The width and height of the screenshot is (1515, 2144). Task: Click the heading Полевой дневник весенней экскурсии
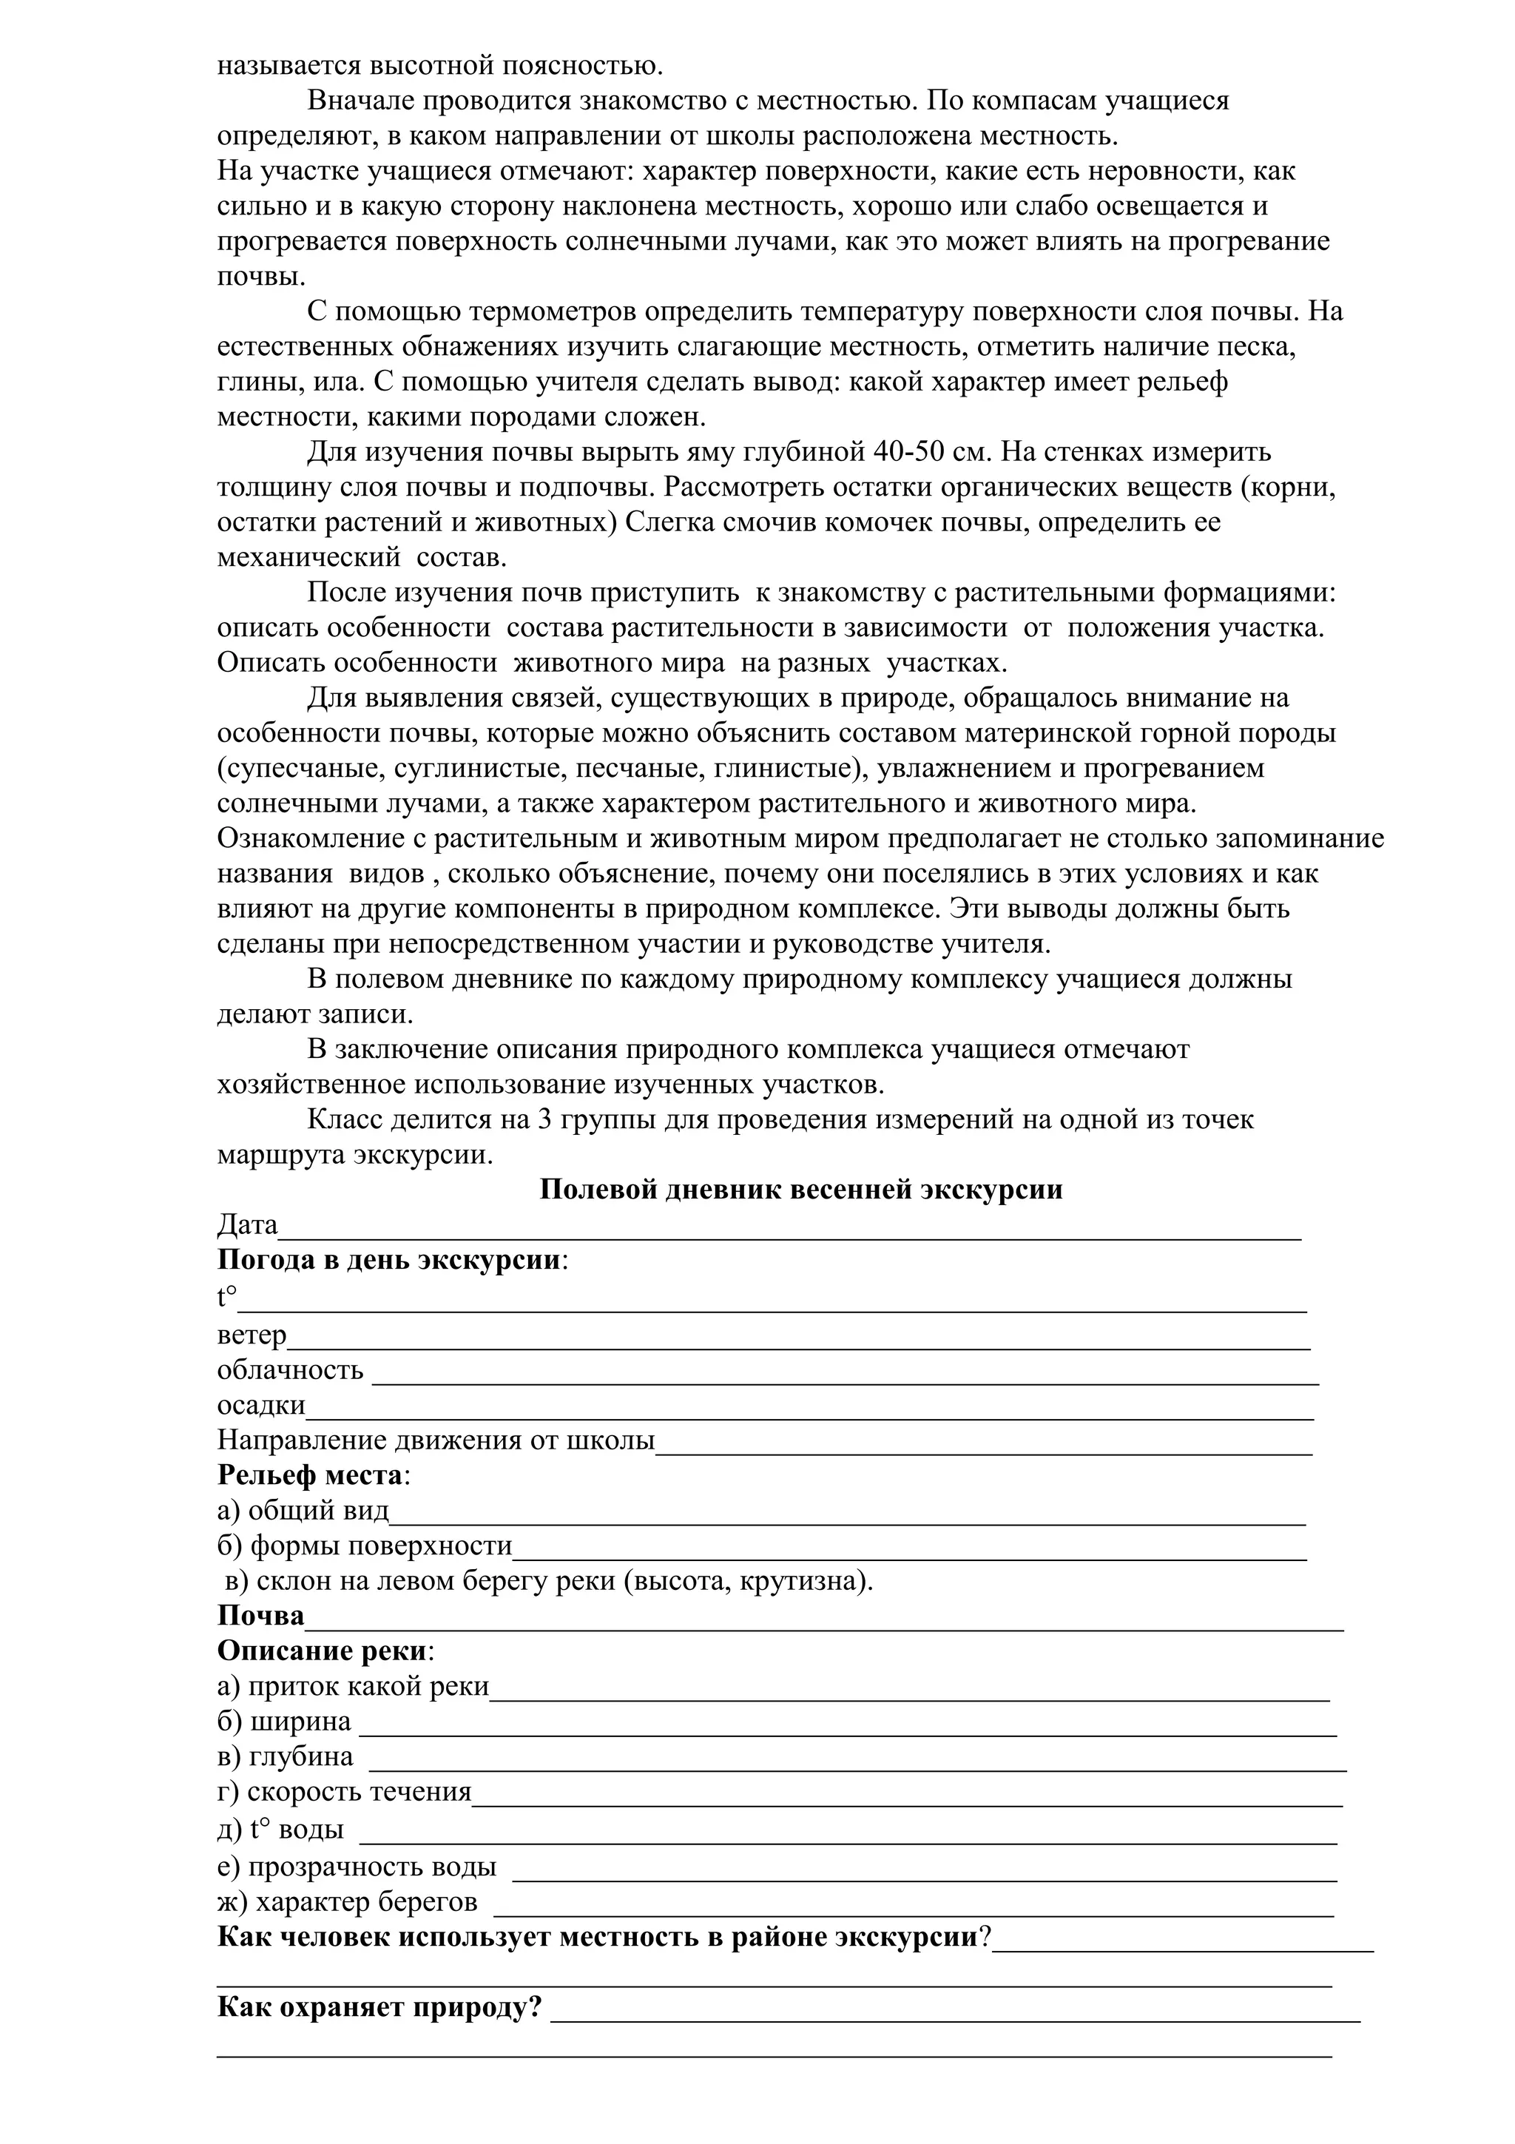click(x=801, y=1190)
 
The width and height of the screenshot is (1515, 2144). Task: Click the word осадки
click(x=261, y=1406)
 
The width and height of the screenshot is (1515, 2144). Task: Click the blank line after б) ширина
click(x=847, y=1730)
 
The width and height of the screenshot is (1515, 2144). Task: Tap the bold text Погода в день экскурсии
click(x=389, y=1260)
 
